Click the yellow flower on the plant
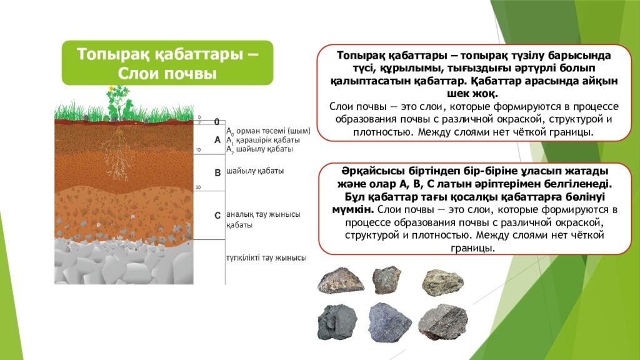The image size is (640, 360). point(112,88)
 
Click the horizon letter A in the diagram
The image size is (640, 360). point(217,140)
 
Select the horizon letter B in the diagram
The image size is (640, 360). point(217,171)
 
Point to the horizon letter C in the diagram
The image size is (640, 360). point(217,216)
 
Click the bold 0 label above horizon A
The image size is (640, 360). point(217,121)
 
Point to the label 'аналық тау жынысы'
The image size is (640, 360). point(263,215)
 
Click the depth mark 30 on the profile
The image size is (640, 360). point(197,187)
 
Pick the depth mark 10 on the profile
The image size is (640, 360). point(197,151)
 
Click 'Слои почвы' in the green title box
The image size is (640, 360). point(167,73)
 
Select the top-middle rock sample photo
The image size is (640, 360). point(387,279)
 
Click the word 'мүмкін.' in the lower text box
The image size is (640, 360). point(352,209)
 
